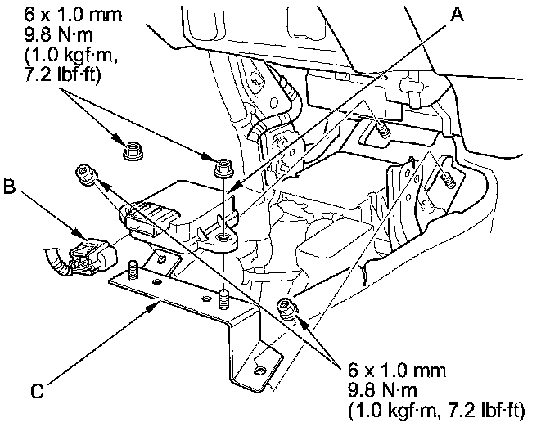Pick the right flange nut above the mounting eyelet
tap(220, 168)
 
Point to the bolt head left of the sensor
tap(83, 173)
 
